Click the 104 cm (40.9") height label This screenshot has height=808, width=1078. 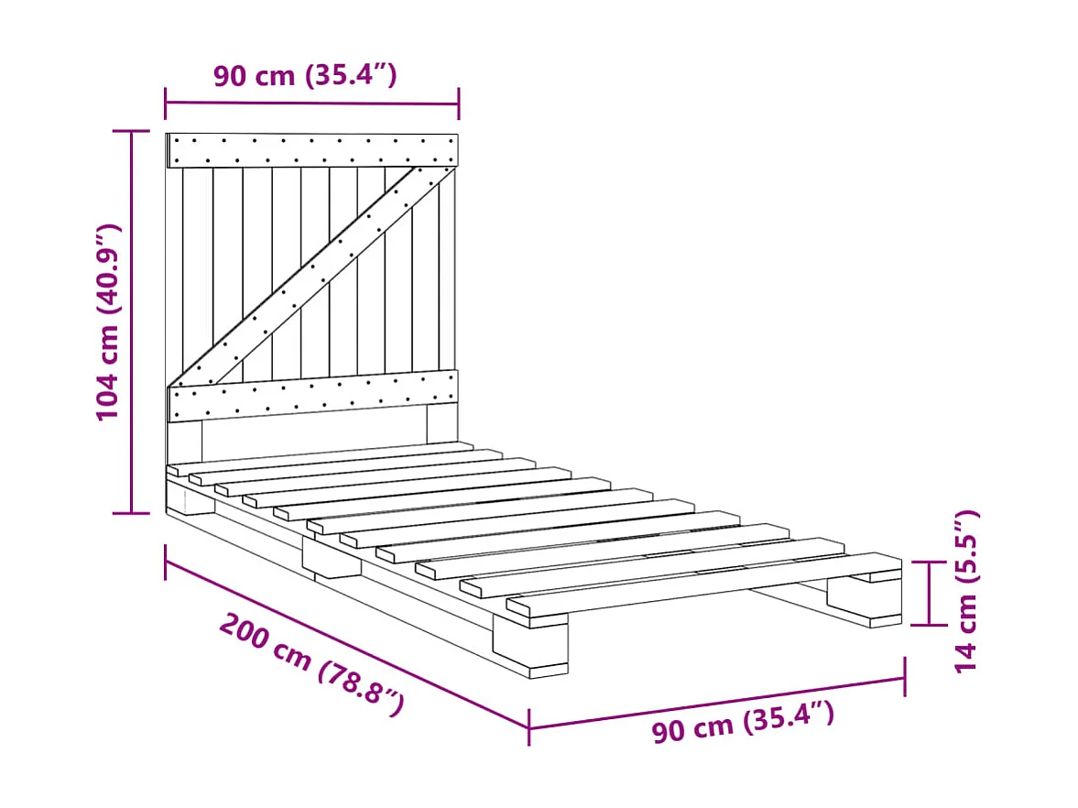pyautogui.click(x=109, y=322)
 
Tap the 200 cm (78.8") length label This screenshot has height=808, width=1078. pyautogui.click(x=312, y=666)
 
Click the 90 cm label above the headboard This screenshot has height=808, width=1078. pyautogui.click(x=305, y=75)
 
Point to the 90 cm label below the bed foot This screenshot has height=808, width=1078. pyautogui.click(x=743, y=722)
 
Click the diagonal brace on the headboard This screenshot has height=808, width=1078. pyautogui.click(x=311, y=276)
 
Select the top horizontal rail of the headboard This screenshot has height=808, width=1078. pyautogui.click(x=312, y=150)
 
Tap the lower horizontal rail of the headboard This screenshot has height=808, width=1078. pyautogui.click(x=312, y=396)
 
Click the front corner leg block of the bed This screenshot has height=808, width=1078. pyautogui.click(x=530, y=644)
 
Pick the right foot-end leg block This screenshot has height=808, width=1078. pyautogui.click(x=865, y=599)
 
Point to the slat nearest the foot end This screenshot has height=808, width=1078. pyautogui.click(x=704, y=584)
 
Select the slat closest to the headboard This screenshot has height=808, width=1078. pyautogui.click(x=321, y=458)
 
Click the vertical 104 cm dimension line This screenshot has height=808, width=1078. pyautogui.click(x=131, y=322)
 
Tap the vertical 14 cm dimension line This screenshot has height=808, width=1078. pyautogui.click(x=929, y=593)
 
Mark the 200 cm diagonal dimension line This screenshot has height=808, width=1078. pyautogui.click(x=346, y=644)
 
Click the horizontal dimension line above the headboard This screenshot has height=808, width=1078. pyautogui.click(x=312, y=104)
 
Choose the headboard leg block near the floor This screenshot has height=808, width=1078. pyautogui.click(x=191, y=497)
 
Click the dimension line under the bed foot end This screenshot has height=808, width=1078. pyautogui.click(x=716, y=703)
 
